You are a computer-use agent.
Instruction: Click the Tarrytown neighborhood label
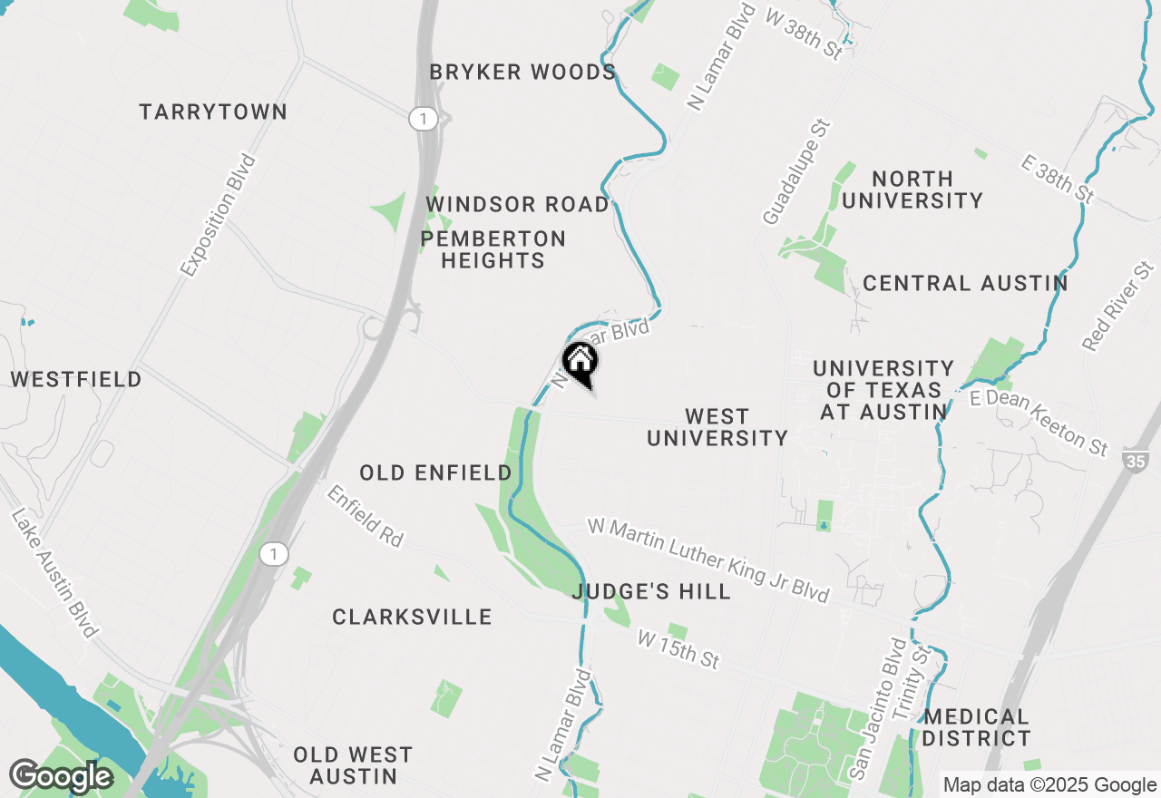coord(213,112)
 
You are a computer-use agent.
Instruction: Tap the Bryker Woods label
coord(523,73)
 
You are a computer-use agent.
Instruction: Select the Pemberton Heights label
coord(493,249)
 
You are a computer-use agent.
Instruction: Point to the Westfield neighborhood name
coord(76,379)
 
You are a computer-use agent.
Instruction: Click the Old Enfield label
coord(435,472)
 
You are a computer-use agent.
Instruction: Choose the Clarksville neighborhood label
coord(412,618)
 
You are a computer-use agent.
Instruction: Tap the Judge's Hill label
coord(651,592)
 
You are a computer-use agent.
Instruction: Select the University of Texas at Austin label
coord(883,390)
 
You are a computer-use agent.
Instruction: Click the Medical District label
coord(977,727)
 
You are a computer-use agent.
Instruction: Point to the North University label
coord(912,190)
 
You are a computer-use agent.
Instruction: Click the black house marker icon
coord(580,362)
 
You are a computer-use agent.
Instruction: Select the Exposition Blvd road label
coord(218,215)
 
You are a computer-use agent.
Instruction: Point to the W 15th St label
coord(678,649)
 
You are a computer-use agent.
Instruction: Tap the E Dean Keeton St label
coord(1039,423)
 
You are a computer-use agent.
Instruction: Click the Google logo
coord(61,776)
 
